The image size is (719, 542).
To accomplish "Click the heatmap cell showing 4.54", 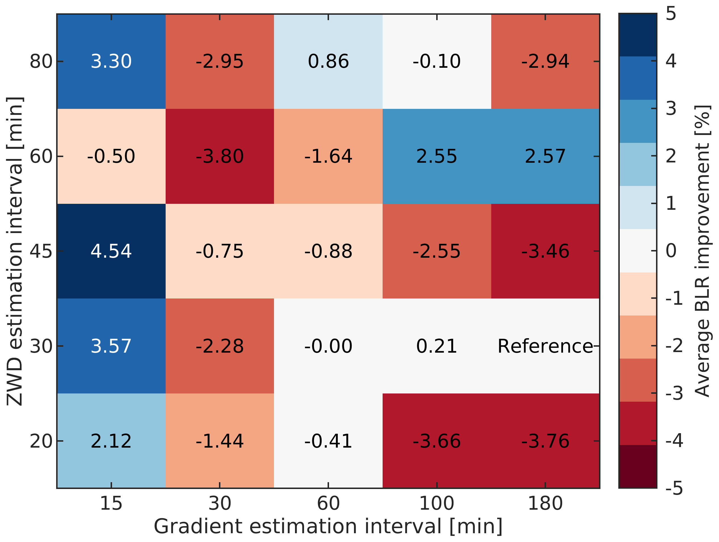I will [111, 251].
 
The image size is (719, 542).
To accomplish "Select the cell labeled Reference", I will [545, 346].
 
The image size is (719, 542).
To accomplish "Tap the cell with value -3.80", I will [220, 156].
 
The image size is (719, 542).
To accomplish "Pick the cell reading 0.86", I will [328, 62].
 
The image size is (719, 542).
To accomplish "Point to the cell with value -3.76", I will [545, 441].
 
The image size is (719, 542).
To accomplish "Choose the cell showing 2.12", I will [111, 441].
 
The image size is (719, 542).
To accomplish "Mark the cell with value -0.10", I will [437, 62].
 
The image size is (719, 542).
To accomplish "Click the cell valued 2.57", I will [545, 156].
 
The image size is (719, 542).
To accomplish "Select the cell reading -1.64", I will [328, 156].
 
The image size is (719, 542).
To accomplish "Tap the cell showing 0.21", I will [437, 346].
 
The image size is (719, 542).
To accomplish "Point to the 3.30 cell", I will [111, 62].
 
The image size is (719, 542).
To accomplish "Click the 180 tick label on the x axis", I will [545, 503].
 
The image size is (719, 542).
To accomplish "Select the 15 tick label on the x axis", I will [111, 503].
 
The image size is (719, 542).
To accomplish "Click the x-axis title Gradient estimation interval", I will [328, 526].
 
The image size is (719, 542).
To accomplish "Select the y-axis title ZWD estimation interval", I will [15, 251].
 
